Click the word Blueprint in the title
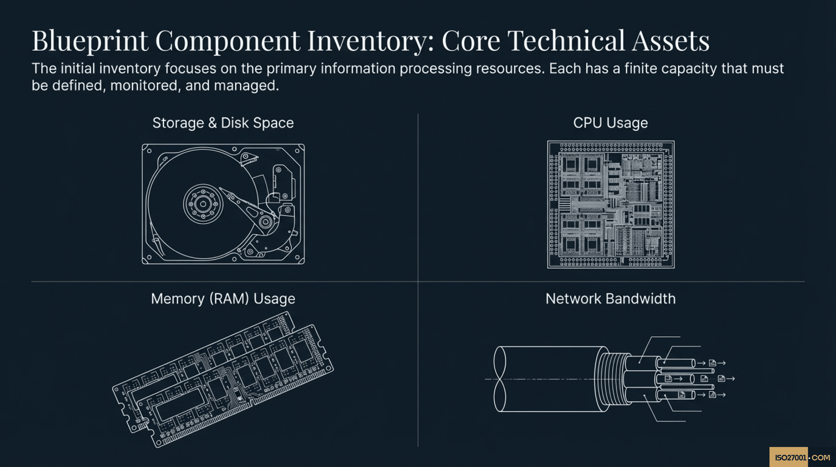[x=90, y=41]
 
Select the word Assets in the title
[x=670, y=41]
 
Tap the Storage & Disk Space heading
[x=223, y=123]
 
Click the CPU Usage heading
[x=610, y=123]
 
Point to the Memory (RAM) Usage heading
[x=223, y=299]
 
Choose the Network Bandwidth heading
[x=610, y=299]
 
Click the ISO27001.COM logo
[x=802, y=457]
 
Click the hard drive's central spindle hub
[x=203, y=204]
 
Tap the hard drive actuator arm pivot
[x=265, y=222]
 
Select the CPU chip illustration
[x=611, y=204]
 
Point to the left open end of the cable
[x=500, y=379]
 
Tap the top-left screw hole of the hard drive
[x=149, y=151]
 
